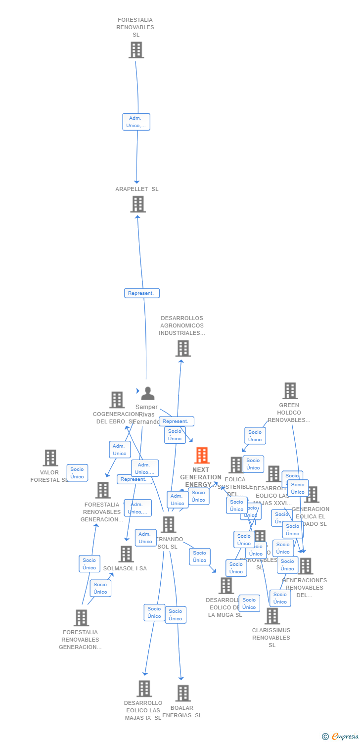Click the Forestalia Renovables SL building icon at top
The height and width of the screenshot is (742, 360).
[x=136, y=50]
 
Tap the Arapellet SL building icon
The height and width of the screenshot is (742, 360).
[x=138, y=204]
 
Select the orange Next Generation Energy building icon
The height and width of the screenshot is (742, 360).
[x=202, y=456]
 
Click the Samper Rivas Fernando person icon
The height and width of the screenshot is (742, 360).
[x=147, y=394]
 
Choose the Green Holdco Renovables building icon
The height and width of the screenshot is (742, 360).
[x=290, y=391]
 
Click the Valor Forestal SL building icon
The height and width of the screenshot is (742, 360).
[x=50, y=458]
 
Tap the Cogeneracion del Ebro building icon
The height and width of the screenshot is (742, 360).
[x=117, y=400]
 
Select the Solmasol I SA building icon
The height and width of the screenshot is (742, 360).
[x=126, y=554]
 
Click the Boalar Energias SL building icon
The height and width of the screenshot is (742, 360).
[x=183, y=693]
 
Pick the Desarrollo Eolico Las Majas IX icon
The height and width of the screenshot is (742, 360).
[x=144, y=689]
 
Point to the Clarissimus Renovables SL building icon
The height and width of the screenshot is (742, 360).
[x=272, y=616]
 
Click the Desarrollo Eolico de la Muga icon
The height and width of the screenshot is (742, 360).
[x=226, y=586]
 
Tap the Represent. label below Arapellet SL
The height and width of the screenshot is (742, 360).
[x=142, y=293]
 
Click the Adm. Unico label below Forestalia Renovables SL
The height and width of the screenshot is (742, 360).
[x=136, y=122]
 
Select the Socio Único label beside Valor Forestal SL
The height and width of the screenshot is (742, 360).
[x=77, y=473]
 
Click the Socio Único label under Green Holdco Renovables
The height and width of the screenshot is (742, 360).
[x=255, y=436]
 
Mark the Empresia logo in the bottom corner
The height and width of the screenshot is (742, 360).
[x=341, y=737]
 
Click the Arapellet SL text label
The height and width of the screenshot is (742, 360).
[x=137, y=189]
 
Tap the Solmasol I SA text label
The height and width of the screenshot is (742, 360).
[x=125, y=568]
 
